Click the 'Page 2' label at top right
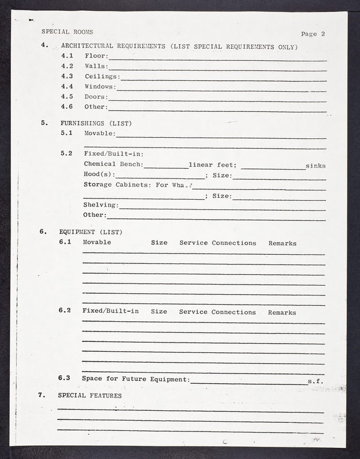(x=313, y=33)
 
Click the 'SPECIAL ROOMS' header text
(x=67, y=32)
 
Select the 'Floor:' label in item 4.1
(x=96, y=56)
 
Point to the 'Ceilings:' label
(x=102, y=76)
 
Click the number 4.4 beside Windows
(x=67, y=87)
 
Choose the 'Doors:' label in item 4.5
(x=96, y=97)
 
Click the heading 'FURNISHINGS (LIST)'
(x=96, y=123)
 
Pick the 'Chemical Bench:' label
(x=113, y=165)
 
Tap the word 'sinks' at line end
(x=315, y=166)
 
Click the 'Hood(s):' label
(x=99, y=175)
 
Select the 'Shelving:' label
(x=101, y=205)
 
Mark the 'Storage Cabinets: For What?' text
(x=138, y=185)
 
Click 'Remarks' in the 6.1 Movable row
(x=282, y=243)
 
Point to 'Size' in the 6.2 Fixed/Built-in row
(x=159, y=312)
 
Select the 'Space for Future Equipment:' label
(x=135, y=379)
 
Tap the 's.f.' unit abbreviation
(x=315, y=381)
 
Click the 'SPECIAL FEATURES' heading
(x=89, y=395)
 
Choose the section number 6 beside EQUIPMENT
(x=42, y=232)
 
